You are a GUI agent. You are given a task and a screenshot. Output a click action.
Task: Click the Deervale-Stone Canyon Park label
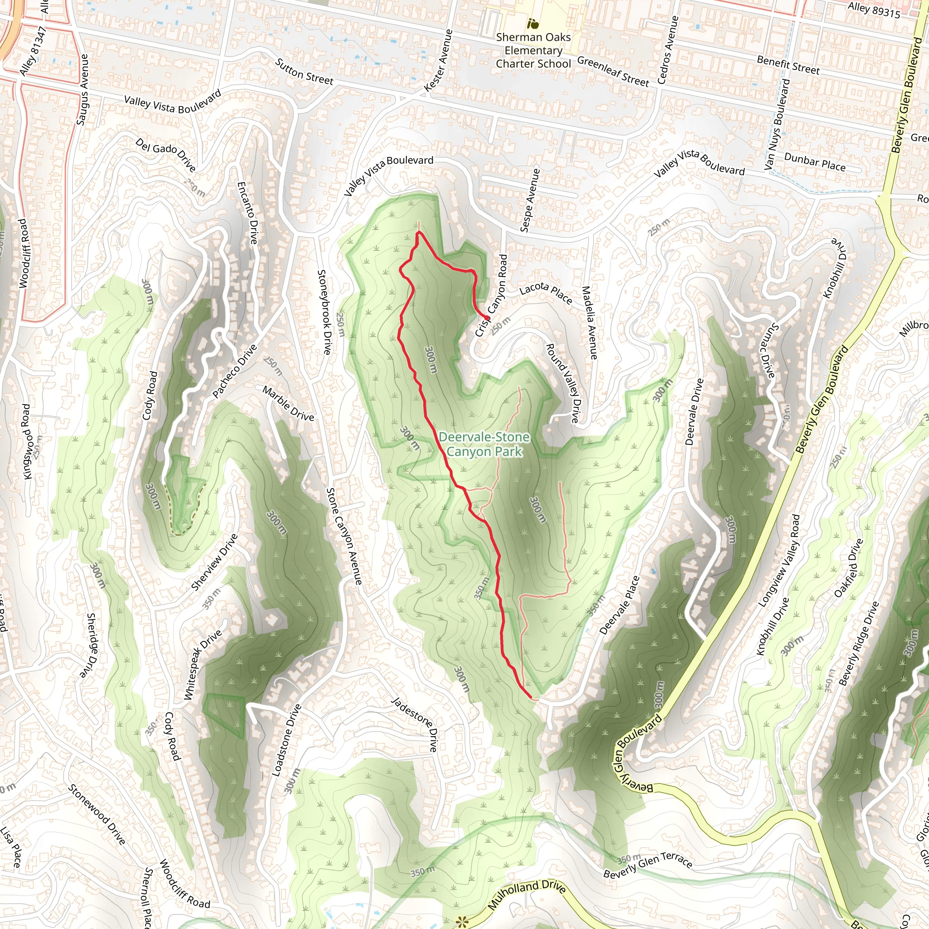(484, 444)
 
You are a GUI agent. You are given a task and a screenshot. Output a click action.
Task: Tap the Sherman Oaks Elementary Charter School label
(533, 50)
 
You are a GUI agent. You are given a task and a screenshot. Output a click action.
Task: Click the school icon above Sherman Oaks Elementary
(532, 23)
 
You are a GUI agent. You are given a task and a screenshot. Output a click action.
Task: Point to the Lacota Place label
(546, 293)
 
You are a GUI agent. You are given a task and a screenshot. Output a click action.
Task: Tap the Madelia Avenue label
(590, 323)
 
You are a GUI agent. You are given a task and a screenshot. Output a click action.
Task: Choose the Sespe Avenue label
(530, 200)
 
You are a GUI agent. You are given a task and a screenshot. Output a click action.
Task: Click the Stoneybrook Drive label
(325, 312)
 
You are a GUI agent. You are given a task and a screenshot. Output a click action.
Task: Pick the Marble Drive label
(288, 403)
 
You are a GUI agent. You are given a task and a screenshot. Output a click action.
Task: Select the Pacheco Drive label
(235, 371)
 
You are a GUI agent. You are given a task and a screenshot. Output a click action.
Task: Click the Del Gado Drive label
(166, 155)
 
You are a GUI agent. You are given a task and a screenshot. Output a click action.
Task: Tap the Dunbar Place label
(815, 162)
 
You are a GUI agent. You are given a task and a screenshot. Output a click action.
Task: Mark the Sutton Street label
(304, 72)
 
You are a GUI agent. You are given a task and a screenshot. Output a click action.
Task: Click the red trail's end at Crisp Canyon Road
(487, 318)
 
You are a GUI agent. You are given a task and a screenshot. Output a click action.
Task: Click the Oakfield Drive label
(849, 568)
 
